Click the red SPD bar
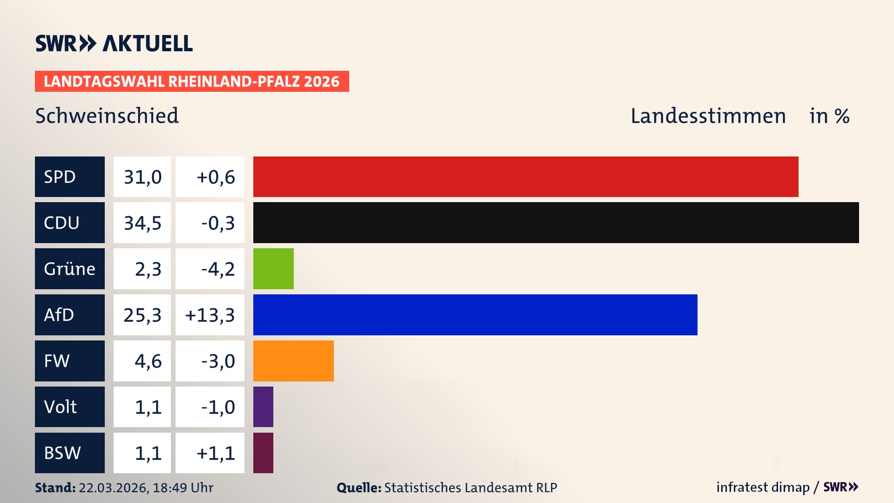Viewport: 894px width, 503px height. tap(525, 177)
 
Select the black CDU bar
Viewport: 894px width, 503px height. tap(555, 223)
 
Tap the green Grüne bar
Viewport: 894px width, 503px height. tap(273, 269)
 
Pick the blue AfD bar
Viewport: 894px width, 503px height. tap(475, 315)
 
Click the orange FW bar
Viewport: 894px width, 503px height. tap(293, 361)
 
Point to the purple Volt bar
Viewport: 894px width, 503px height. tap(263, 407)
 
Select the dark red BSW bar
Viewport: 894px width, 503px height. tap(263, 453)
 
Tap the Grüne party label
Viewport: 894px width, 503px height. tap(70, 269)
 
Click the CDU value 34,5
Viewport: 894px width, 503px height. tap(142, 223)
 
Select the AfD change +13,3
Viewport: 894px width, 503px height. tap(210, 315)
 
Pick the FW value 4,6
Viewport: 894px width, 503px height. tap(148, 361)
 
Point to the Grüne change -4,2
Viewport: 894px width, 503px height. tap(217, 269)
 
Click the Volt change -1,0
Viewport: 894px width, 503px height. tap(217, 407)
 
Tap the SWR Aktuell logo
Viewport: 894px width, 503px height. tap(114, 43)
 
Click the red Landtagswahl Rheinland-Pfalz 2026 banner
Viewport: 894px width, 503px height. tap(192, 81)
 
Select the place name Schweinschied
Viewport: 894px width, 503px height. tap(107, 116)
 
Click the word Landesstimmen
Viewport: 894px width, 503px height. tap(708, 116)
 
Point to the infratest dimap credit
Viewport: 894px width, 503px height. tap(763, 487)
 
